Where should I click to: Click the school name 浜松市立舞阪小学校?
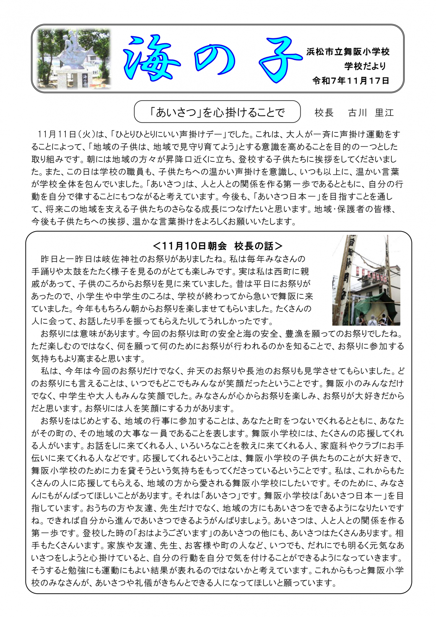(x=348, y=52)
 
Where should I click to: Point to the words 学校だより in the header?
(x=365, y=66)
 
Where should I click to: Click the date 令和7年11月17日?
(x=351, y=81)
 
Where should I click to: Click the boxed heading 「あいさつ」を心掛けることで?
(x=217, y=112)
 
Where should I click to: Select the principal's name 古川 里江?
(x=371, y=113)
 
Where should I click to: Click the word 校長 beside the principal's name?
(x=324, y=113)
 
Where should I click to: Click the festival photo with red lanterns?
(x=366, y=281)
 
